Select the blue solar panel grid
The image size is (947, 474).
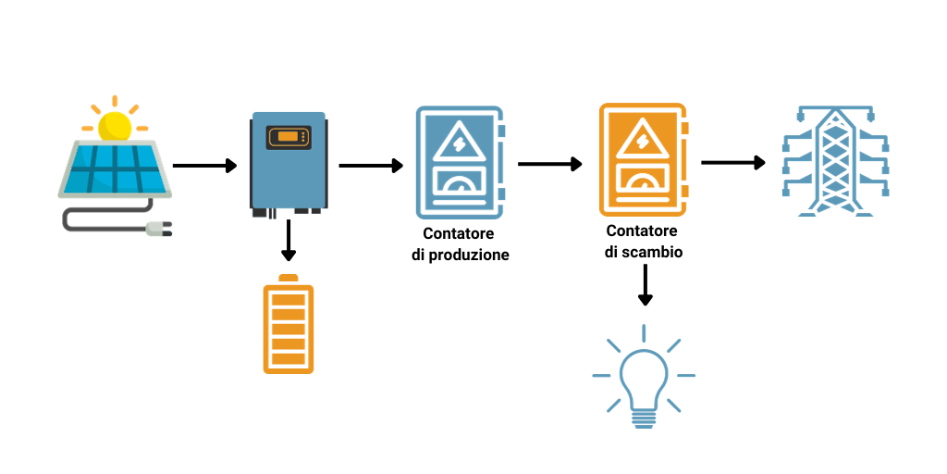pyautogui.click(x=113, y=168)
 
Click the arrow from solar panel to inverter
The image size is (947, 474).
pyautogui.click(x=204, y=166)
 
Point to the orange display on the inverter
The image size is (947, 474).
pyautogui.click(x=288, y=137)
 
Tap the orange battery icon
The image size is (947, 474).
pyautogui.click(x=288, y=326)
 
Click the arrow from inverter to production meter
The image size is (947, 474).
pyautogui.click(x=371, y=166)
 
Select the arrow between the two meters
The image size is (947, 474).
pyautogui.click(x=550, y=164)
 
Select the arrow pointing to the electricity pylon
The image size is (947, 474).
pyautogui.click(x=733, y=163)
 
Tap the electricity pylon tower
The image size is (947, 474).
pyautogui.click(x=835, y=162)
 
